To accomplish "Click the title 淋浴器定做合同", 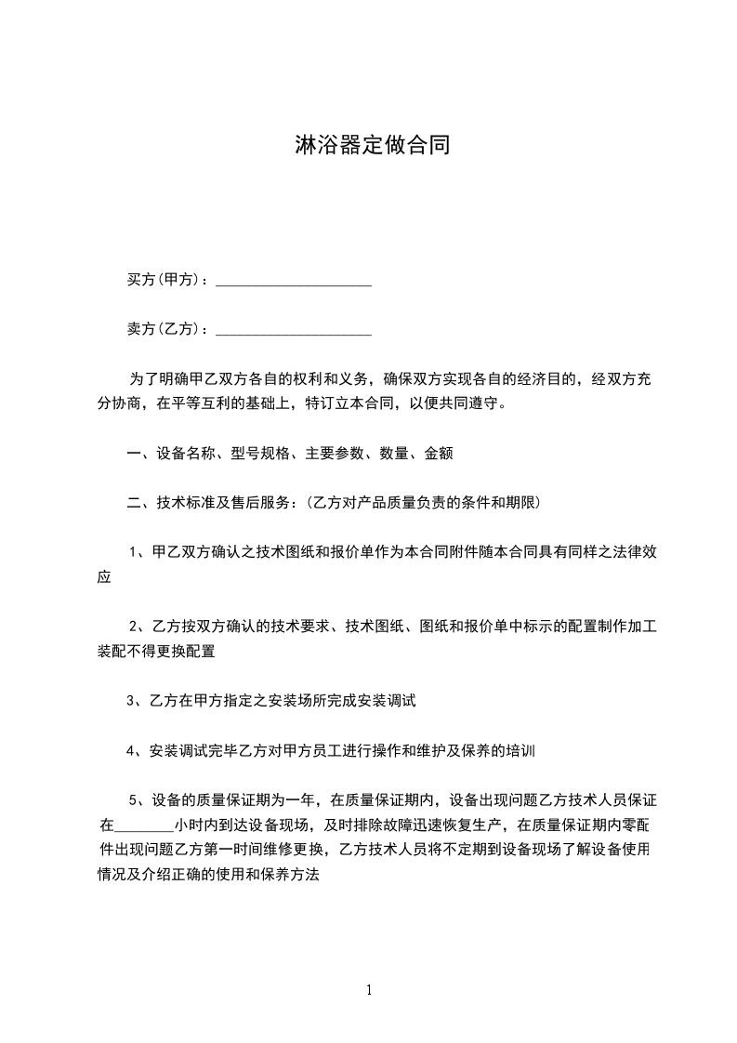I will click(x=372, y=145).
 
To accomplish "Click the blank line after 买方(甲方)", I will click(x=294, y=282).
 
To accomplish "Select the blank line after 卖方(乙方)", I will click(x=294, y=331).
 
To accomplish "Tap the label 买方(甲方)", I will click(x=165, y=279).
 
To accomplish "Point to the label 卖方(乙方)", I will click(x=165, y=328).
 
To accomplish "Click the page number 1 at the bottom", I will click(x=369, y=990).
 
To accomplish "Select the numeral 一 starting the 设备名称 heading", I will click(x=134, y=454).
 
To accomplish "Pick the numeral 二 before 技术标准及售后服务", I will click(x=134, y=503).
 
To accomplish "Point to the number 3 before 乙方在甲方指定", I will click(x=131, y=700).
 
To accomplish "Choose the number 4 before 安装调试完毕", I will click(x=131, y=749).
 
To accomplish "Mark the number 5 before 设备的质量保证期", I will click(x=134, y=799).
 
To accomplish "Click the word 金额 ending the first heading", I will click(x=438, y=454).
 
